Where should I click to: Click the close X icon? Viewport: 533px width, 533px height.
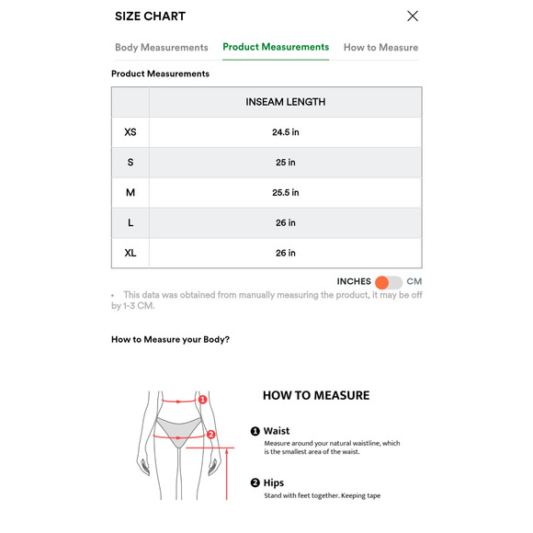(x=413, y=16)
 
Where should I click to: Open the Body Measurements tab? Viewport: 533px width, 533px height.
(x=162, y=48)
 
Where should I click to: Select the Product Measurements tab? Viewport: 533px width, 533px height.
(x=276, y=47)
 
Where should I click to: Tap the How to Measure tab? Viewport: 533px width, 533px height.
(x=380, y=48)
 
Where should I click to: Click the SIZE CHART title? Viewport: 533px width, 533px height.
(x=150, y=17)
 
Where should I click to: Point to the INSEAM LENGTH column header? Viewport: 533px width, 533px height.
(x=285, y=102)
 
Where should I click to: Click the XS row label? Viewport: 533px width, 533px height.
(x=130, y=132)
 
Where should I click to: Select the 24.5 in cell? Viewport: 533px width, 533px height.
(x=285, y=132)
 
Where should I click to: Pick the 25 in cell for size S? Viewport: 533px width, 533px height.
(x=285, y=163)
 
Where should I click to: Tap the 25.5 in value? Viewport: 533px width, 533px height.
(x=285, y=193)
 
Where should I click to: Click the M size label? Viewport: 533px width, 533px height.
(x=130, y=193)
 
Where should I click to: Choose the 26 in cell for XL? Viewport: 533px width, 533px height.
(x=285, y=253)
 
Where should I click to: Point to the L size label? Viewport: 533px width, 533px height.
(x=130, y=222)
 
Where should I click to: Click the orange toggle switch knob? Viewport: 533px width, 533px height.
(x=382, y=282)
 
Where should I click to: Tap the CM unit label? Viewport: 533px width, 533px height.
(x=414, y=282)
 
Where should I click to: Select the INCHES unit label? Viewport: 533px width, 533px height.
(x=354, y=282)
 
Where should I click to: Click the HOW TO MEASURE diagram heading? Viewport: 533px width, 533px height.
(x=316, y=396)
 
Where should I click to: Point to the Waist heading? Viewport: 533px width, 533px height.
(x=277, y=430)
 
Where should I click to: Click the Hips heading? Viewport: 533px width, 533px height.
(x=274, y=482)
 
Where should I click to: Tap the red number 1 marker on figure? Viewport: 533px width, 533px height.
(x=203, y=400)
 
